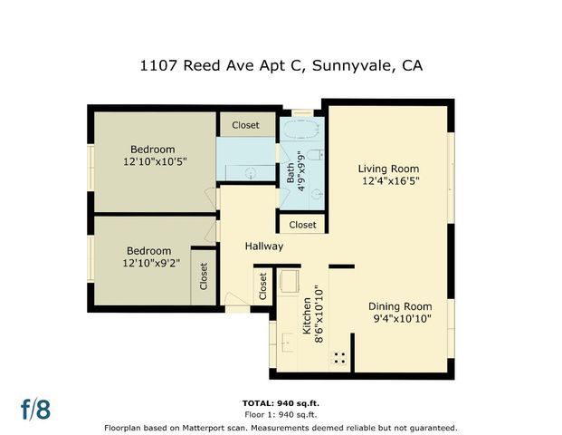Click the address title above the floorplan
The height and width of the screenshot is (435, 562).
click(281, 65)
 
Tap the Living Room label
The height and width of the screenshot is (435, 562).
click(388, 169)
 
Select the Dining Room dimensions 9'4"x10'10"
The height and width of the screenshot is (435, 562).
click(402, 319)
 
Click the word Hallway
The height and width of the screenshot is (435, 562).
click(264, 246)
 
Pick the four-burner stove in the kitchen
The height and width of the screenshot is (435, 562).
click(341, 358)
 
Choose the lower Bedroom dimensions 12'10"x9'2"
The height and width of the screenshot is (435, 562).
click(148, 264)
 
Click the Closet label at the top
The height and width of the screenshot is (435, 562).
click(245, 125)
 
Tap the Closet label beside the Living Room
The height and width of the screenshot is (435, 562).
click(302, 225)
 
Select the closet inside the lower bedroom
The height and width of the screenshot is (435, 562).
click(204, 273)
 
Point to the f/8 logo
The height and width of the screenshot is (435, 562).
click(36, 409)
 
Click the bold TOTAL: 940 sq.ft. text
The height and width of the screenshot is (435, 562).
click(281, 402)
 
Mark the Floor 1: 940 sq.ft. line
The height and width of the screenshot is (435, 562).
click(281, 414)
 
